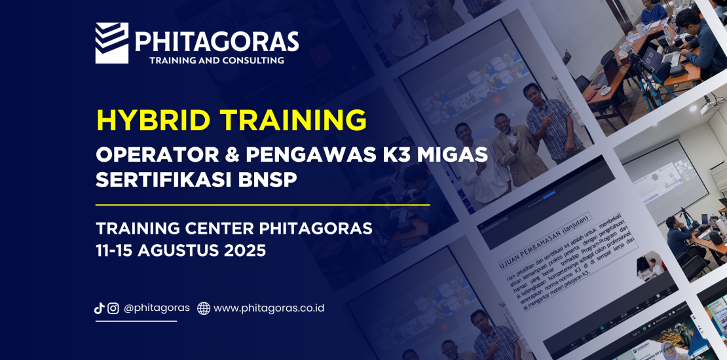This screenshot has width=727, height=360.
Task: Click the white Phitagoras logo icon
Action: [x=111, y=43]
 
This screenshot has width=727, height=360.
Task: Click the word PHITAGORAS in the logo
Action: [x=217, y=42]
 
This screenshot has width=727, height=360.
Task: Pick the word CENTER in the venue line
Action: [x=215, y=228]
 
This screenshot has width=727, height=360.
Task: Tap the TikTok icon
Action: [x=100, y=308]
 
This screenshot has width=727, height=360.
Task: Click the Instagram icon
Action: [x=113, y=308]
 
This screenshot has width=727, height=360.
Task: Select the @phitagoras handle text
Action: [x=157, y=308]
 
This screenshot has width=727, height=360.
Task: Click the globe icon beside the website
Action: [x=204, y=308]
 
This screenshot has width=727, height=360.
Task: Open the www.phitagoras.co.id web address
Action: [x=269, y=308]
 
